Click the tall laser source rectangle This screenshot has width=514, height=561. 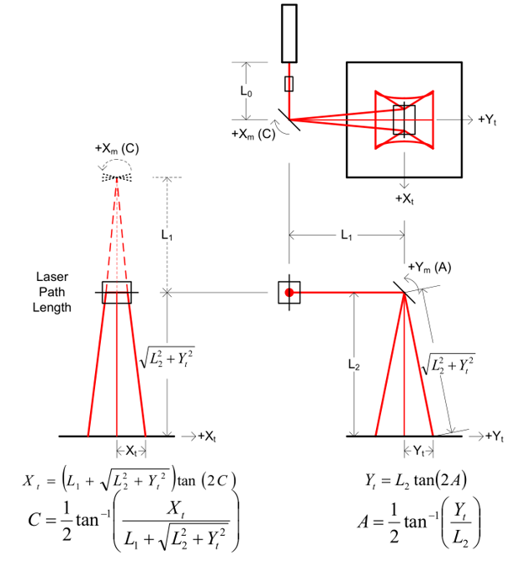click(289, 33)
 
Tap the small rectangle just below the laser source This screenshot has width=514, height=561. click(289, 83)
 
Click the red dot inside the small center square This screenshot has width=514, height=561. click(289, 292)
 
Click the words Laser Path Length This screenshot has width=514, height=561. click(52, 292)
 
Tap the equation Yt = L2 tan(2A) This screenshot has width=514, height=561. click(416, 480)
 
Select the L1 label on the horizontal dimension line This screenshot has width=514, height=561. click(347, 236)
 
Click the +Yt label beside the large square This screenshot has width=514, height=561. click(489, 119)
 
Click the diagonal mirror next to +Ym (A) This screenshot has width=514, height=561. click(405, 292)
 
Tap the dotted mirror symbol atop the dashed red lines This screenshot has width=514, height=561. click(117, 177)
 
